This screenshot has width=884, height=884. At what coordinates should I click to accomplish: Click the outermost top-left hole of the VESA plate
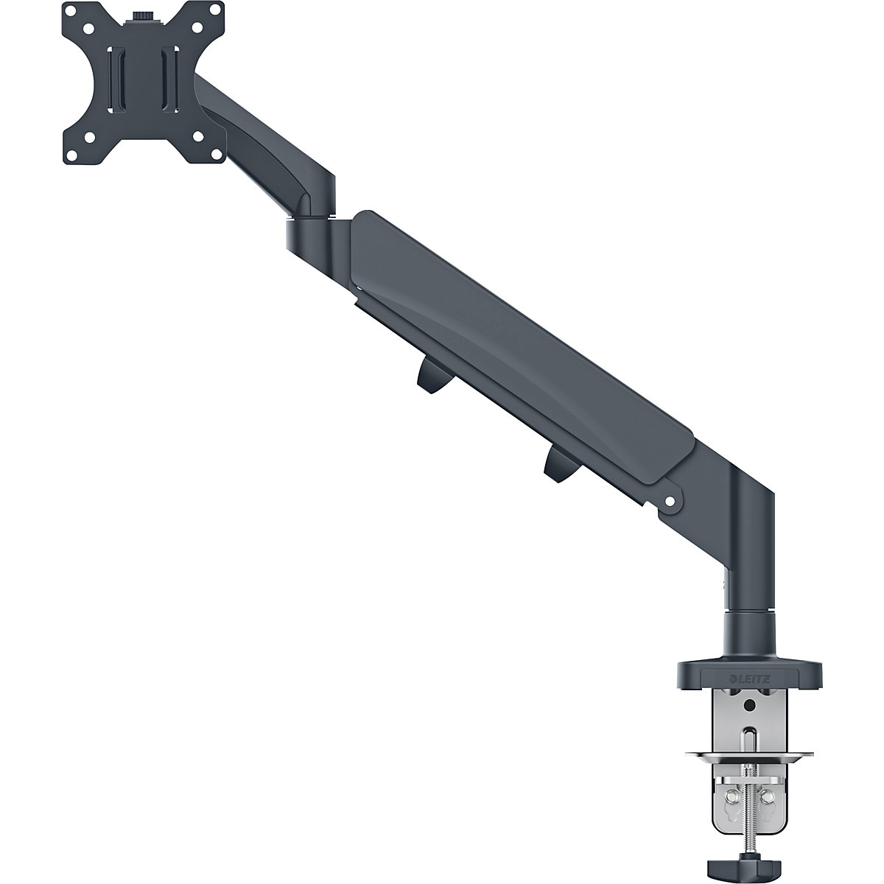coord(72,13)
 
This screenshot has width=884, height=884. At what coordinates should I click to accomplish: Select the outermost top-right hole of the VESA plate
coord(209,13)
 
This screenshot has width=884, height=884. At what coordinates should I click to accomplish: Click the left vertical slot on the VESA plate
coord(114,81)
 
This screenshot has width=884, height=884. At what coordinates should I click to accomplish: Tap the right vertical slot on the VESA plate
coord(168,81)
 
